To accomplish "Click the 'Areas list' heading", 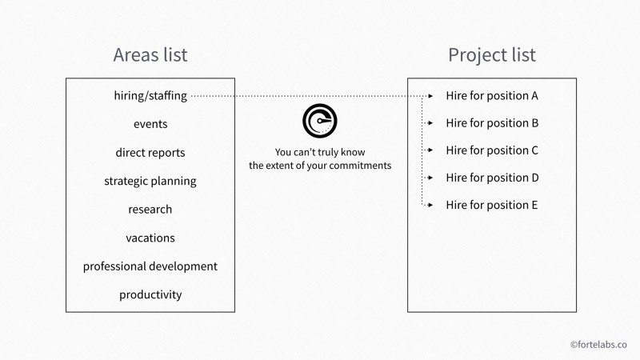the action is pyautogui.click(x=150, y=54).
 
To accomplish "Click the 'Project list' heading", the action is pyautogui.click(x=492, y=55).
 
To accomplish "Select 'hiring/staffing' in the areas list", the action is pyautogui.click(x=150, y=96).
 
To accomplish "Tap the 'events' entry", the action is pyautogui.click(x=150, y=124).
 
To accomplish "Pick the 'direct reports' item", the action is pyautogui.click(x=150, y=153).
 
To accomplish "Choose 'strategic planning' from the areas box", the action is pyautogui.click(x=150, y=182).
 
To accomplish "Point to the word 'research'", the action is pyautogui.click(x=150, y=210).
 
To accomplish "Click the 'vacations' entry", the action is pyautogui.click(x=150, y=238).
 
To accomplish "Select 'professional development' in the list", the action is pyautogui.click(x=150, y=266).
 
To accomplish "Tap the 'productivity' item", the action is pyautogui.click(x=150, y=294).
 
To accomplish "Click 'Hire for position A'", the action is pyautogui.click(x=492, y=96).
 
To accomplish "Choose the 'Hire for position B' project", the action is pyautogui.click(x=492, y=123).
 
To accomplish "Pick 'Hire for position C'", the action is pyautogui.click(x=492, y=150).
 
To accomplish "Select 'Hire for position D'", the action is pyautogui.click(x=492, y=178).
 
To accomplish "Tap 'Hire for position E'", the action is pyautogui.click(x=492, y=206).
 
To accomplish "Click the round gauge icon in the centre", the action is pyautogui.click(x=319, y=121).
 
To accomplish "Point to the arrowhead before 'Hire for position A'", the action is pyautogui.click(x=430, y=96).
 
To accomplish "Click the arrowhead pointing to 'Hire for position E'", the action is pyautogui.click(x=430, y=205).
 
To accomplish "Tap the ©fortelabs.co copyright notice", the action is pyautogui.click(x=598, y=345).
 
